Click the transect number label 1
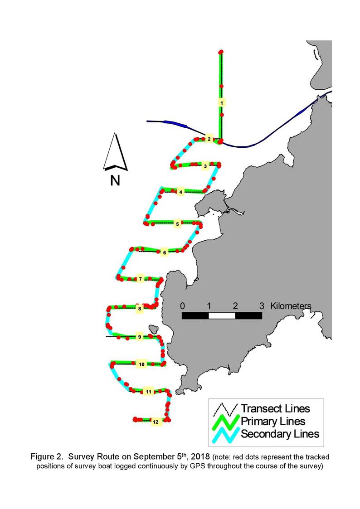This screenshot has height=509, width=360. point(221,103)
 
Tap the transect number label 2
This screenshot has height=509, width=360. point(209,139)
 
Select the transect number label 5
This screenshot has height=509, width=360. point(177,224)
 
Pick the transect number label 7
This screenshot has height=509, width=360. point(140,279)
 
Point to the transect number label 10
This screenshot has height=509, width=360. point(141,364)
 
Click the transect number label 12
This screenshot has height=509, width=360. point(156,422)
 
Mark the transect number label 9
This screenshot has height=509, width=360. point(140,337)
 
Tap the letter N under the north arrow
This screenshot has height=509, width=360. point(115,180)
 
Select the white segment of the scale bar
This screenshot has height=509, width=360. point(222,315)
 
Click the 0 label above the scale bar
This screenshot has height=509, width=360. point(182,306)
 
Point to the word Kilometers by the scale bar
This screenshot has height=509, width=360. point(291,306)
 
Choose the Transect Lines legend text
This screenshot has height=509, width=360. point(275,408)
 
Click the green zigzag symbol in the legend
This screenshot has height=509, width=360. point(226,422)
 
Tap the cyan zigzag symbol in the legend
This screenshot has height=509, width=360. point(226,435)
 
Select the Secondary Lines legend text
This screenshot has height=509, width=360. point(280,434)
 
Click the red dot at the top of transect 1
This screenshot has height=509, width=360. point(221,52)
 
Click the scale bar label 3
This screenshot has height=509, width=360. point(262,306)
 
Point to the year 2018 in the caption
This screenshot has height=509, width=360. point(200,457)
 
